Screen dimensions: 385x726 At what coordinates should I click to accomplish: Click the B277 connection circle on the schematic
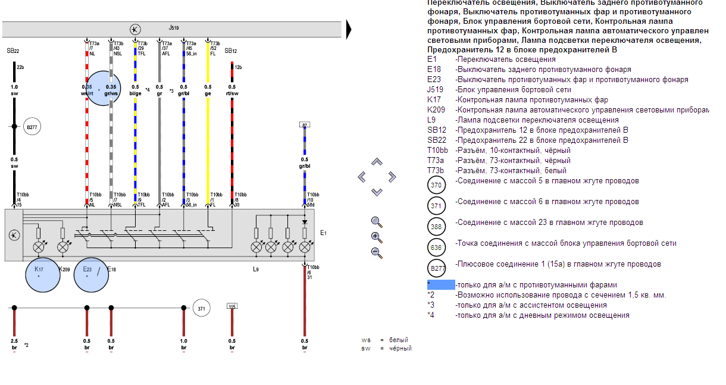[32, 126]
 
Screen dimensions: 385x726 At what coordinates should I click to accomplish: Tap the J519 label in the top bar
[174, 27]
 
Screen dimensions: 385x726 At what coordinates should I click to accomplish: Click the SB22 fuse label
[13, 52]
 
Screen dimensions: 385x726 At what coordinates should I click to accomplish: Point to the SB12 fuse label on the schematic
[231, 51]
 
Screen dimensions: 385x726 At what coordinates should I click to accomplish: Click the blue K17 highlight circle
[42, 275]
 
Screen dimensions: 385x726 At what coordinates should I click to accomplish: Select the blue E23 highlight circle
[91, 275]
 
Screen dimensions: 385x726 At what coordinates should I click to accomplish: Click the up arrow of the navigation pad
[377, 162]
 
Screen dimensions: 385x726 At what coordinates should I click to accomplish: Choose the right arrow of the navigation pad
[392, 177]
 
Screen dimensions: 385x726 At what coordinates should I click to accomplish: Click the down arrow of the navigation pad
[377, 192]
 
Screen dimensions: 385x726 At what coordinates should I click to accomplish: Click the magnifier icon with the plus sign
[376, 237]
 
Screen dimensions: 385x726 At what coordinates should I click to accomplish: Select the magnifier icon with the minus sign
[376, 252]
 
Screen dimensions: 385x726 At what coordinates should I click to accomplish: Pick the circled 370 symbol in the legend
[436, 185]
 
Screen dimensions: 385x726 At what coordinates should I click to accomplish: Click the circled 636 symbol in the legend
[436, 248]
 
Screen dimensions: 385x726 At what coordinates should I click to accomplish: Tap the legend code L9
[431, 120]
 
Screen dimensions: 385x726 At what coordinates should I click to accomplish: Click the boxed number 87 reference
[305, 125]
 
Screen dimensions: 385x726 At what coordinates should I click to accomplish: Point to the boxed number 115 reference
[232, 306]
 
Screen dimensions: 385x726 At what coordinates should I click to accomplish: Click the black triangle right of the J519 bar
[349, 29]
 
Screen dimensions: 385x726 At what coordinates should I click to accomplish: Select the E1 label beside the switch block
[323, 233]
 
